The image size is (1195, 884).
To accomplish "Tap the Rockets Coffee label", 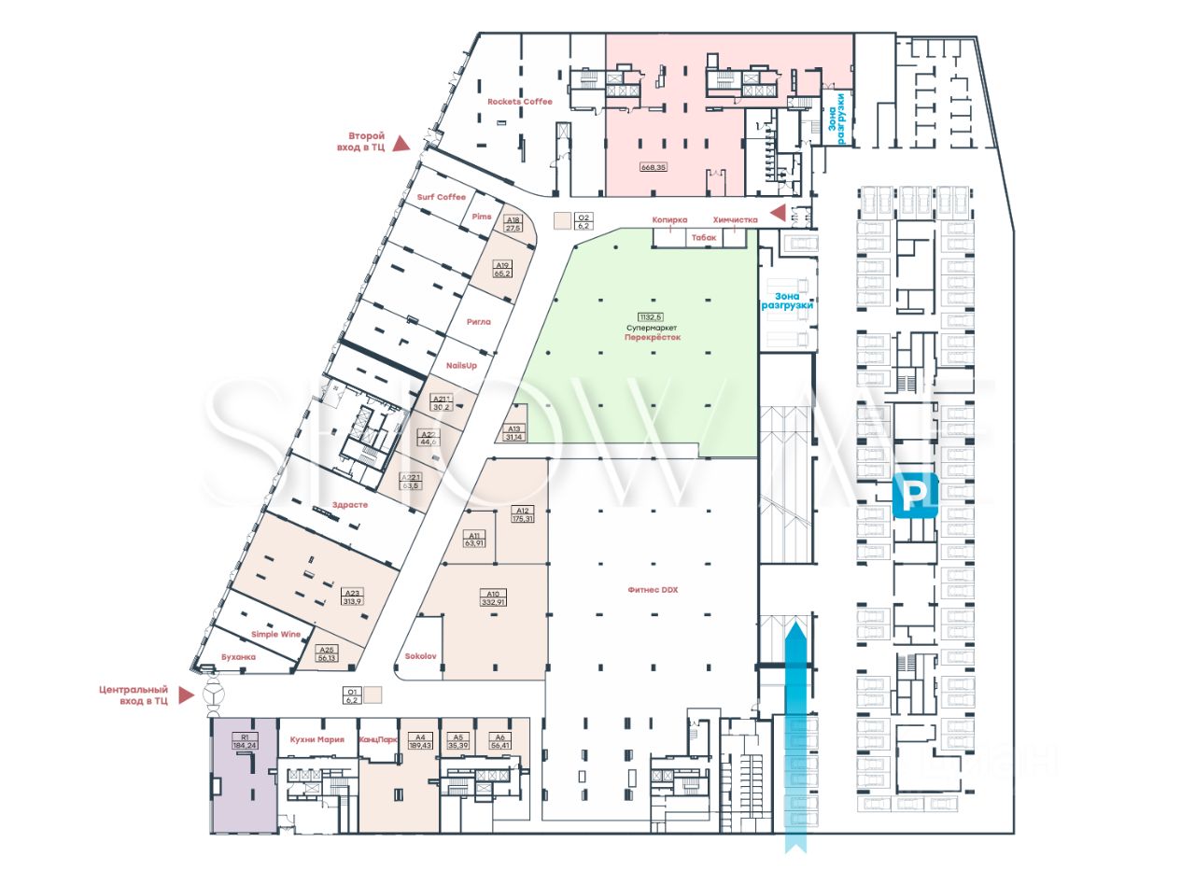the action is (x=520, y=102).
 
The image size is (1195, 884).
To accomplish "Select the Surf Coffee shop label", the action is (x=441, y=197).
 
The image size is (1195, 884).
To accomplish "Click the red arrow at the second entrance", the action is (x=401, y=143).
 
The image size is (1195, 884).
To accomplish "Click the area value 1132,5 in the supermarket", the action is (x=653, y=316).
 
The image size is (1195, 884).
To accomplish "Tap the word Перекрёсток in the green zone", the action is (x=653, y=337).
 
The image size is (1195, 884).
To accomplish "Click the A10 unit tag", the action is (x=492, y=593).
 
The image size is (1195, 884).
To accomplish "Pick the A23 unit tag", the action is (x=352, y=593).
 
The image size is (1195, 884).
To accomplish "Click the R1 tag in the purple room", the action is (x=244, y=737).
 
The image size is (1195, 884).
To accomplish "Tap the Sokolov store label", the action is (x=420, y=656).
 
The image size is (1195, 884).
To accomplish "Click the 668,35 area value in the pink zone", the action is (x=653, y=167).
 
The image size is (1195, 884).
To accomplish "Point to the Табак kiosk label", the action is (x=704, y=238).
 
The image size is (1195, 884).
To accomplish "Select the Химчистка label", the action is (x=734, y=220).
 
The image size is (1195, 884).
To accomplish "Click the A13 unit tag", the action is (x=513, y=429).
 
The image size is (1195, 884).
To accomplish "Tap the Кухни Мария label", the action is (x=317, y=739).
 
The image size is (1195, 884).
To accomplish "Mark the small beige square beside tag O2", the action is (x=561, y=221).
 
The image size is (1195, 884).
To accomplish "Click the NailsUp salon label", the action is (x=461, y=365).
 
